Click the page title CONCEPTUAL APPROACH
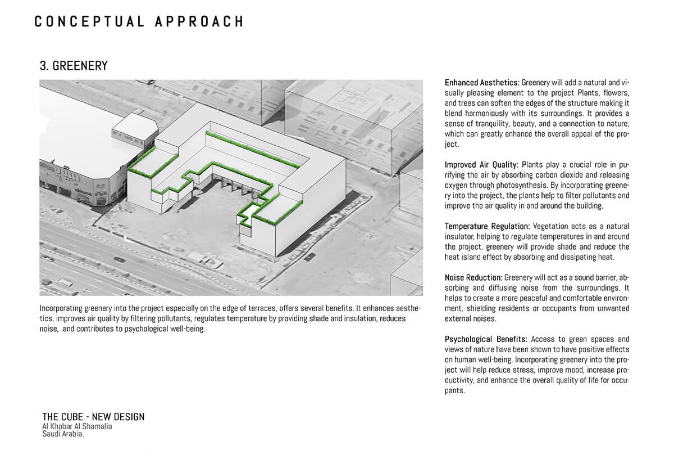click(139, 21)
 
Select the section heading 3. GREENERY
click(73, 66)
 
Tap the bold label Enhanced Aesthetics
click(481, 83)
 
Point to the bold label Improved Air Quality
click(481, 165)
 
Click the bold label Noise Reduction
click(473, 278)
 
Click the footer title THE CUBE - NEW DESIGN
click(93, 417)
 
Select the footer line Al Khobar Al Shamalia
click(77, 426)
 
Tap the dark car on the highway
click(119, 259)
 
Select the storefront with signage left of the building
click(84, 183)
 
